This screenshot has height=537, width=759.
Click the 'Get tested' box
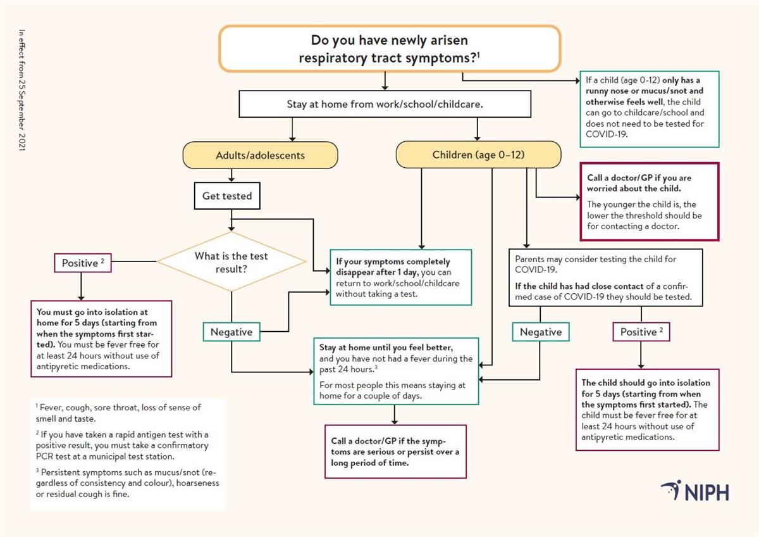click(x=227, y=196)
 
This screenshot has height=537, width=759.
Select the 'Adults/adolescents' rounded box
click(x=260, y=155)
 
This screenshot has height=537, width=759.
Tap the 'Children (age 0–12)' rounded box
click(x=478, y=155)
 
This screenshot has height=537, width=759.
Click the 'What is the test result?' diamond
click(x=231, y=262)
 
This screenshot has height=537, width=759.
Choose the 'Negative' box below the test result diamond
click(x=231, y=332)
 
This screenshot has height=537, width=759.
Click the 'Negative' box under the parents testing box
click(x=541, y=332)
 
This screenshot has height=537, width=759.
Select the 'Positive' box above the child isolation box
click(x=641, y=332)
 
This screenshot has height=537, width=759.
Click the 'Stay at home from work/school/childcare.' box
click(x=385, y=104)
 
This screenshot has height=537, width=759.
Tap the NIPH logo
click(x=695, y=491)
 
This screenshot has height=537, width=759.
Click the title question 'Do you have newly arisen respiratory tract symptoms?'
click(x=390, y=48)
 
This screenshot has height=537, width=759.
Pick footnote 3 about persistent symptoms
click(x=127, y=483)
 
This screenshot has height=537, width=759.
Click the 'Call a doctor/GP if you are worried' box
click(x=649, y=201)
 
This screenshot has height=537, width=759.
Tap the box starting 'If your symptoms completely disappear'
click(x=400, y=277)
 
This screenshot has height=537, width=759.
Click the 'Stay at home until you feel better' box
click(x=396, y=371)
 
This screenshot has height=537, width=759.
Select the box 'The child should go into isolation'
click(x=647, y=410)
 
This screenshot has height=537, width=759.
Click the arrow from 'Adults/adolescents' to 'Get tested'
click(x=232, y=176)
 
